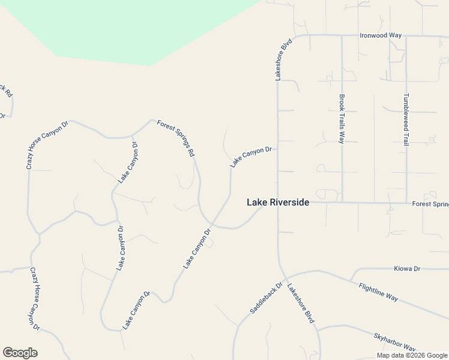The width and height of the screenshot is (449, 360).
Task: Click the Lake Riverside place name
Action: pos(278,203)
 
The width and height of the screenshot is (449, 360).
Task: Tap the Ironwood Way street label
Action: pos(380,35)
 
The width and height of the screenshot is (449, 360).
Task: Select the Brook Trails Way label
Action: pos(342,118)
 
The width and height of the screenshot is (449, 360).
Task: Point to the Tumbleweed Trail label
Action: pos(406,119)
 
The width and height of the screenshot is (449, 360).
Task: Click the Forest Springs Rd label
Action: pos(176,138)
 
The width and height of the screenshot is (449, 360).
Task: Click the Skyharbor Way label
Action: pos(394,343)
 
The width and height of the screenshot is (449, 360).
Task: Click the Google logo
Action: pos(20,353)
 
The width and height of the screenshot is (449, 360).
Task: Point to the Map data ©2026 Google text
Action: pos(411,355)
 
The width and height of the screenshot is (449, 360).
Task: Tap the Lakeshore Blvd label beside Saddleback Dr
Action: pos(300,304)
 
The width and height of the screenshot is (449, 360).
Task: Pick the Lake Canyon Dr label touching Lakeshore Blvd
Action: pos(251,157)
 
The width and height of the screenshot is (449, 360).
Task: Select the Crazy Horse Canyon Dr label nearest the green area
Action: pos(48,144)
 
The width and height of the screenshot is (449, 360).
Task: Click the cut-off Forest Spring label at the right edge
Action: pos(430,204)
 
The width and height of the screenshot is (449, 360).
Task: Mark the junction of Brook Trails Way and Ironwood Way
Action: pos(342,35)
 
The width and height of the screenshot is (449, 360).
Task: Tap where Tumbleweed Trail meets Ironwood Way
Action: pos(406,36)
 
